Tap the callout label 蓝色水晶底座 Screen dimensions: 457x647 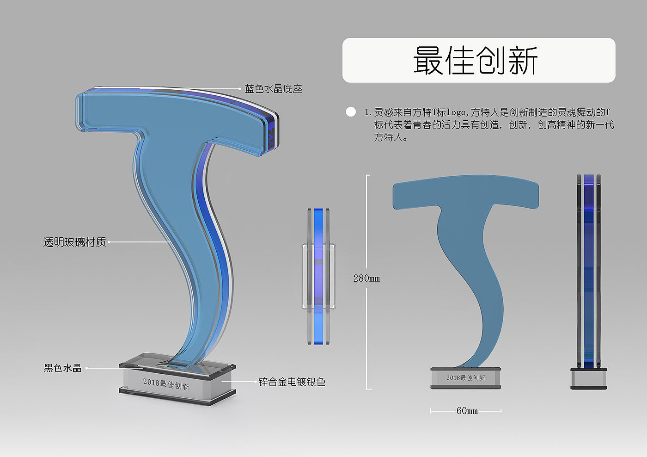pyautogui.click(x=273, y=89)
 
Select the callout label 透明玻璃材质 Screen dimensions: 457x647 pyautogui.click(x=74, y=242)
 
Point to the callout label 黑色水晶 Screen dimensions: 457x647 pyautogui.click(x=62, y=368)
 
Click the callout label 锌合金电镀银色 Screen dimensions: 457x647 pyautogui.click(x=292, y=382)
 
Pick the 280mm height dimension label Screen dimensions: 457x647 pyautogui.click(x=366, y=278)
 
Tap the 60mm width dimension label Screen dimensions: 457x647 pyautogui.click(x=467, y=411)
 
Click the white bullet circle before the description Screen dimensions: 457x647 pyautogui.click(x=351, y=112)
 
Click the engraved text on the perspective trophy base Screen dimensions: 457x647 pyautogui.click(x=166, y=384)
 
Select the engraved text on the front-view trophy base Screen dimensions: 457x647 pyautogui.click(x=465, y=378)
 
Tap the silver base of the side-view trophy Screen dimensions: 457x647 pyautogui.click(x=588, y=379)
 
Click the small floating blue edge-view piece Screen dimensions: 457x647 pyautogui.click(x=318, y=276)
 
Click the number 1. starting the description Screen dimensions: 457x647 pyautogui.click(x=367, y=112)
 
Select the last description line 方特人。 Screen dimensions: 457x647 pyautogui.click(x=391, y=137)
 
